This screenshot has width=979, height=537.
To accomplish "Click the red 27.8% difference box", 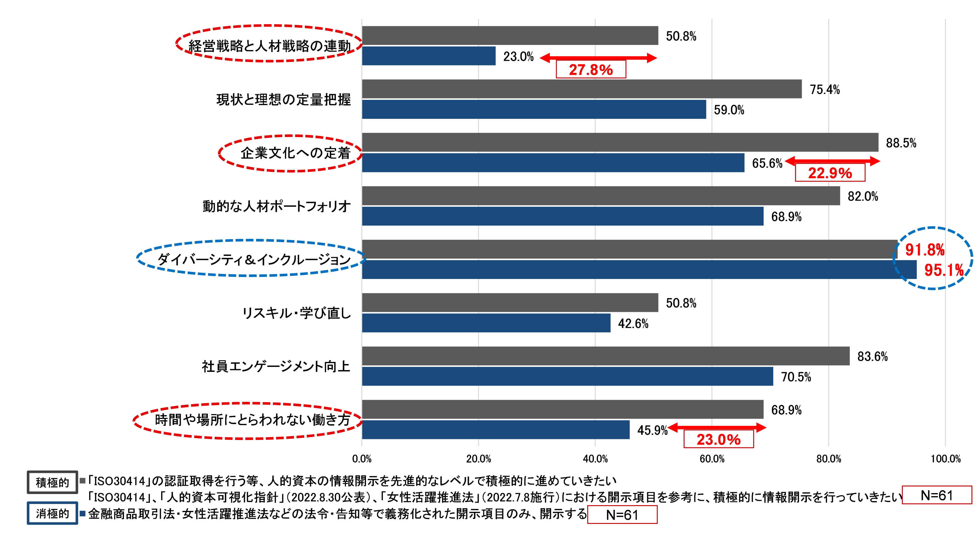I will click(591, 70).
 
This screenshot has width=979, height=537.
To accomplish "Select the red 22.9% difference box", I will click(830, 173).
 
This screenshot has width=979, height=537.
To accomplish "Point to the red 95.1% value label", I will click(944, 270).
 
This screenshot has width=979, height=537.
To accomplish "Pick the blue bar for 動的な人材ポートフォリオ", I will click(563, 216).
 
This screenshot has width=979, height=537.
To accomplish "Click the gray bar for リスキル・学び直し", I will click(510, 303).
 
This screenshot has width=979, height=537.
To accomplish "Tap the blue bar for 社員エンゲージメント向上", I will click(568, 376).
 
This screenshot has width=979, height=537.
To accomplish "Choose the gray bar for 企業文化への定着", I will click(620, 142).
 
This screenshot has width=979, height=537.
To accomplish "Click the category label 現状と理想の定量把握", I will click(283, 100).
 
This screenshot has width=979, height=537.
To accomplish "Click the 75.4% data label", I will click(825, 89).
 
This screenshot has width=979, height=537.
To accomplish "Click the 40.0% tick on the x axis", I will click(595, 459).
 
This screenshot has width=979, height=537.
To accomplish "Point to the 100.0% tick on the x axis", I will click(945, 459).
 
